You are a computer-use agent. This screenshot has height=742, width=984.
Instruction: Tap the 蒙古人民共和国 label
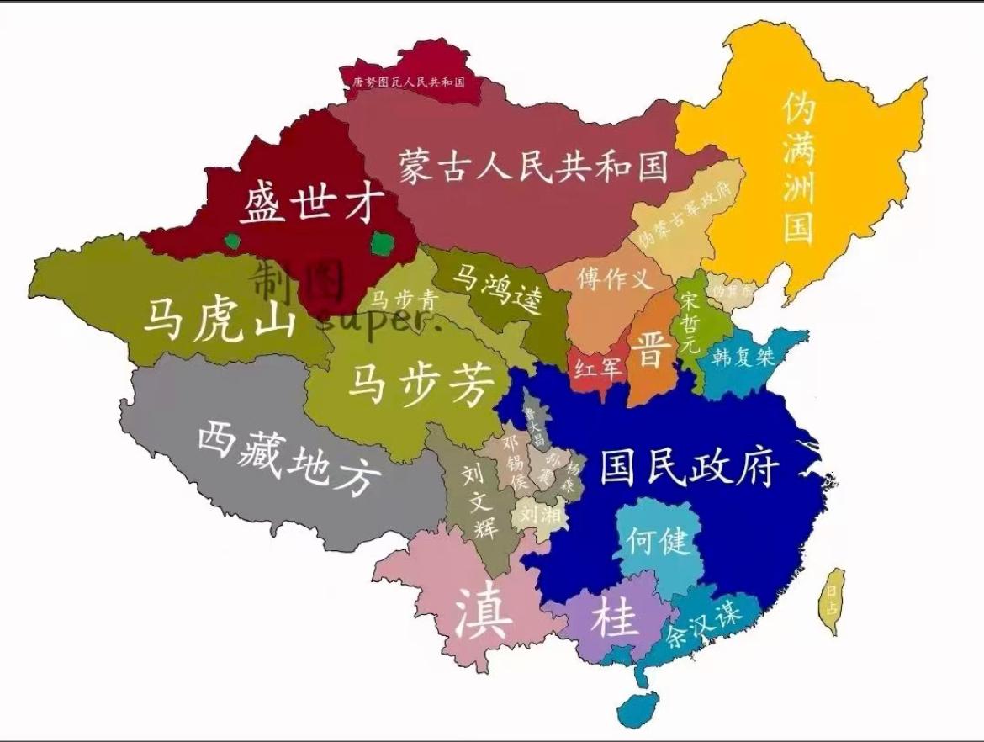point(533,166)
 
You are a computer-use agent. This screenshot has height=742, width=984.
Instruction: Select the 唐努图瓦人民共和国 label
point(409,82)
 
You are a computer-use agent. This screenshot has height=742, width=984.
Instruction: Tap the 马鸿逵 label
point(500,289)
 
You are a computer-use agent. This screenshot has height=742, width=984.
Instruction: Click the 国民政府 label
point(690,466)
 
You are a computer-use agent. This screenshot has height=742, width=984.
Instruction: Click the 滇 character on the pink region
point(483,614)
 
